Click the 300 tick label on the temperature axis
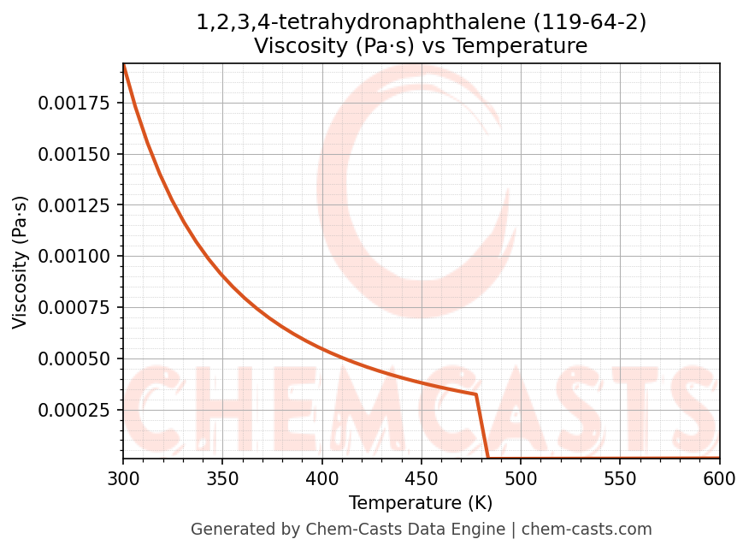click(x=123, y=480)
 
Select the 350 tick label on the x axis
click(x=222, y=480)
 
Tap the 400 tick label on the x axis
click(x=321, y=480)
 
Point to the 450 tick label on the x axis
click(x=422, y=480)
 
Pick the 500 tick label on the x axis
click(x=521, y=480)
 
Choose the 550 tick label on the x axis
click(x=620, y=480)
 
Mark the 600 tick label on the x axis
click(x=719, y=480)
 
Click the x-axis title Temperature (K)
click(x=421, y=503)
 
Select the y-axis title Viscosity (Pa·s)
click(x=21, y=262)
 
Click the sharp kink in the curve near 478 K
click(x=475, y=394)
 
